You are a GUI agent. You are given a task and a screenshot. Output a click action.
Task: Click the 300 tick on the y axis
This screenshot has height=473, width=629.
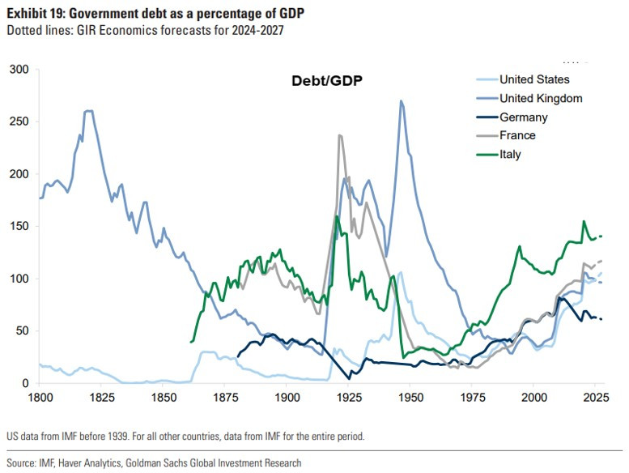click(17, 70)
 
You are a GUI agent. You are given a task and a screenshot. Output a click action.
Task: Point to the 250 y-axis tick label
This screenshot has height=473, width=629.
click(17, 122)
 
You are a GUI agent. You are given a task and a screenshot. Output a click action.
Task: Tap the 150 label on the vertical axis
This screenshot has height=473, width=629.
click(17, 227)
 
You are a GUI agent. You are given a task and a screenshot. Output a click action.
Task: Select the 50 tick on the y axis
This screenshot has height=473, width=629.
click(20, 331)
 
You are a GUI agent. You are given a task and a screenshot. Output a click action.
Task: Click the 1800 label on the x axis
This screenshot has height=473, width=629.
click(40, 398)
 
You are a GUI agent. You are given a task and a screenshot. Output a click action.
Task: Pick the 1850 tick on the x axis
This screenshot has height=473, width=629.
click(163, 398)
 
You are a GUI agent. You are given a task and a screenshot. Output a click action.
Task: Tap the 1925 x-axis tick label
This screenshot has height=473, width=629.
click(349, 398)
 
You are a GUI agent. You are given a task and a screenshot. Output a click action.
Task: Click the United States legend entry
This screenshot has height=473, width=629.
click(534, 79)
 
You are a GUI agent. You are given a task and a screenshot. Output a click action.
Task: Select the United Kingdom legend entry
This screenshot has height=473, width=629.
click(541, 98)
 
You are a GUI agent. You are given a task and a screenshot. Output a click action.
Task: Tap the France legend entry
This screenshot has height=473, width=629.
click(517, 135)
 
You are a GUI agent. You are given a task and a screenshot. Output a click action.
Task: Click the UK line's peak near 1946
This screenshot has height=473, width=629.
click(401, 101)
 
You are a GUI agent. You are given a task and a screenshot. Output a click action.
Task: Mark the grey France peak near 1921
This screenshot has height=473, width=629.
click(340, 135)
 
